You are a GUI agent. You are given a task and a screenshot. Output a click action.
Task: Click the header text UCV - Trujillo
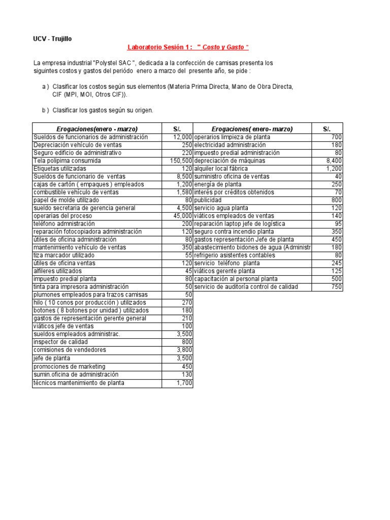pyautogui.click(x=55, y=39)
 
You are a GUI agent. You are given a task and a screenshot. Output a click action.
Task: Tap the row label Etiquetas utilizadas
pyautogui.click(x=59, y=168)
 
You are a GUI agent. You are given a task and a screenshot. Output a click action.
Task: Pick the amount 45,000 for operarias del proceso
pyautogui.click(x=179, y=216)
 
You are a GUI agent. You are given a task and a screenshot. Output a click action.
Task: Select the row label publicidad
pyautogui.click(x=208, y=200)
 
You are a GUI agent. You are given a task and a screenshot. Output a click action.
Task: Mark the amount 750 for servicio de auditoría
pyautogui.click(x=337, y=287)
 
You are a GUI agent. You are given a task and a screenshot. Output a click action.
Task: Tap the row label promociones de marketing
pyautogui.click(x=69, y=367)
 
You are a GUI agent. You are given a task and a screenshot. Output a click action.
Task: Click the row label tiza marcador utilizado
pyautogui.click(x=62, y=255)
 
